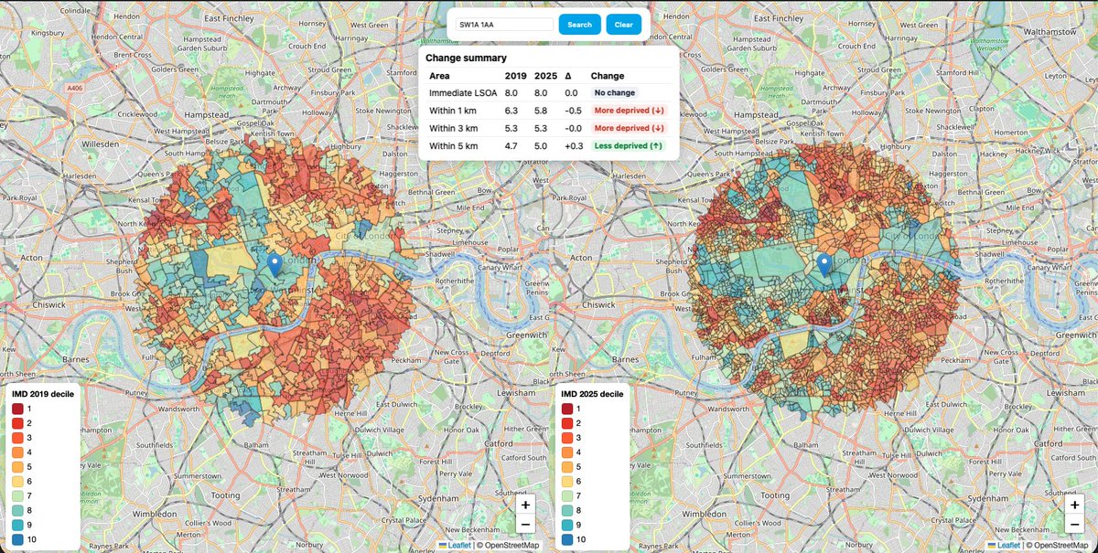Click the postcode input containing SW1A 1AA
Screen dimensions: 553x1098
[x=504, y=25]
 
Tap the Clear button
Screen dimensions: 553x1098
[x=622, y=25]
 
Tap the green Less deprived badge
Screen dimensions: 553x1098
[x=628, y=145]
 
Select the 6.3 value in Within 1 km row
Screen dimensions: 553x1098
[x=512, y=111]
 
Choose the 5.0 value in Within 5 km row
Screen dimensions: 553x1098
[x=542, y=145]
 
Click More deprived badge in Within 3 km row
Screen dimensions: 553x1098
[x=628, y=128]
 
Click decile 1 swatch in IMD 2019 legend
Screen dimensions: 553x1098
[x=17, y=409]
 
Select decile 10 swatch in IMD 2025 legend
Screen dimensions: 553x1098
[x=567, y=541]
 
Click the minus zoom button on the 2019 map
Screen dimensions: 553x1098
[x=525, y=524]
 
